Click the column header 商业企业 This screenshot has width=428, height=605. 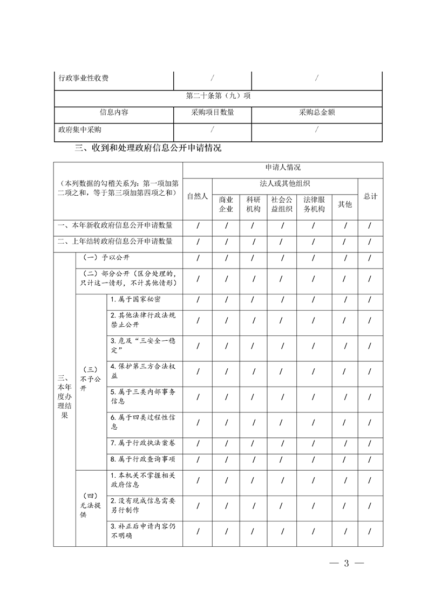226,204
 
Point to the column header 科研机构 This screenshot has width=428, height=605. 253,204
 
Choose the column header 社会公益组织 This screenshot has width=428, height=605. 282,204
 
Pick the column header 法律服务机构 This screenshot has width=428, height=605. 314,204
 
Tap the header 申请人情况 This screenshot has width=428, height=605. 283,168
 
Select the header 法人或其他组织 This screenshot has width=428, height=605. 284,184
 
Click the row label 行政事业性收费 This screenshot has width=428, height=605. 84,79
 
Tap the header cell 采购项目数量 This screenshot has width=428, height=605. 212,113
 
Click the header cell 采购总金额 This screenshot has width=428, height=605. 317,113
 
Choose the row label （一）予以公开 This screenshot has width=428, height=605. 107,258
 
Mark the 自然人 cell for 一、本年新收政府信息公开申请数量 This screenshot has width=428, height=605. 198,225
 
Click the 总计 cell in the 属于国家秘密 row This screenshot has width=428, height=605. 370,300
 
